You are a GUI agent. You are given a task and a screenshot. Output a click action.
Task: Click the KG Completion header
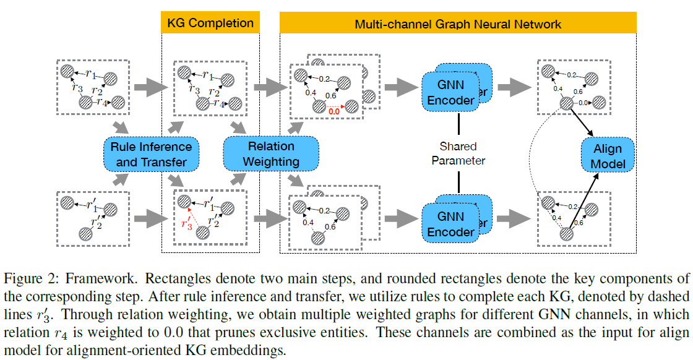(x=210, y=23)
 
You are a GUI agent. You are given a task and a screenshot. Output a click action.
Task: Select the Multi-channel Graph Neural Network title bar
(x=458, y=24)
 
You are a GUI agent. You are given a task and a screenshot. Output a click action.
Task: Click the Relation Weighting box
(x=270, y=154)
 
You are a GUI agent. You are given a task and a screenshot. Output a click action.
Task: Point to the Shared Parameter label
(x=458, y=154)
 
